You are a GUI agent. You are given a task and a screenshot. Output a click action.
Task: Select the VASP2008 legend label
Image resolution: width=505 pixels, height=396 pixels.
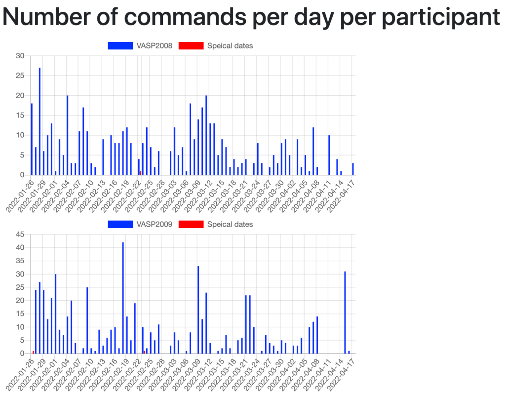pos(155,46)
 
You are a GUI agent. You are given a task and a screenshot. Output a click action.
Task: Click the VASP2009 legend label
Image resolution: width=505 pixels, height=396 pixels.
pos(155,225)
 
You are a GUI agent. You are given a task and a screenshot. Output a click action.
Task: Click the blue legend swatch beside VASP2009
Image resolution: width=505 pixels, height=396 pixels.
pos(120,225)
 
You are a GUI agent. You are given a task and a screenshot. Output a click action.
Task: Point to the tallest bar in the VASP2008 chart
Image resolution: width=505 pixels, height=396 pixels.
pos(39,121)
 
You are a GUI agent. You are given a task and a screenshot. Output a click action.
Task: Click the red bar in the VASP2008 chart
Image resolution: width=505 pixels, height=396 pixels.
pos(140,173)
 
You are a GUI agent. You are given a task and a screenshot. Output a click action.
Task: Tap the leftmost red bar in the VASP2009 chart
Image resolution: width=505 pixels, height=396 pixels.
pos(33,352)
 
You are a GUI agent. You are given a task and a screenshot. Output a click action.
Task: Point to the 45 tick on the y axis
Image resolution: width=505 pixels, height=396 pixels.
pos(20,234)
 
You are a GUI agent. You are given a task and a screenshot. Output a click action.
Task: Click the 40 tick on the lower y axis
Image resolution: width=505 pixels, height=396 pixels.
pos(20,247)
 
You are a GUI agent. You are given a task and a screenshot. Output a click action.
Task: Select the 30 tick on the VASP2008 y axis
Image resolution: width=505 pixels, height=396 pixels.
pos(20,56)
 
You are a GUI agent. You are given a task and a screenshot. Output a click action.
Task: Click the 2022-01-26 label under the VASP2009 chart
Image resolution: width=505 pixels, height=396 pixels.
pos(20,373)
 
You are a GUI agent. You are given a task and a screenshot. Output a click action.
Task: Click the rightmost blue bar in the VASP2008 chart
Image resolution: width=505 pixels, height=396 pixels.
pos(353,169)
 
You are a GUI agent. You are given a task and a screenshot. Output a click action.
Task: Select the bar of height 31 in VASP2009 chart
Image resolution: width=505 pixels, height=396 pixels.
pos(345,313)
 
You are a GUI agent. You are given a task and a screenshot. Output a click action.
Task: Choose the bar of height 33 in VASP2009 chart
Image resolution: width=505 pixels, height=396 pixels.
pos(198,310)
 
